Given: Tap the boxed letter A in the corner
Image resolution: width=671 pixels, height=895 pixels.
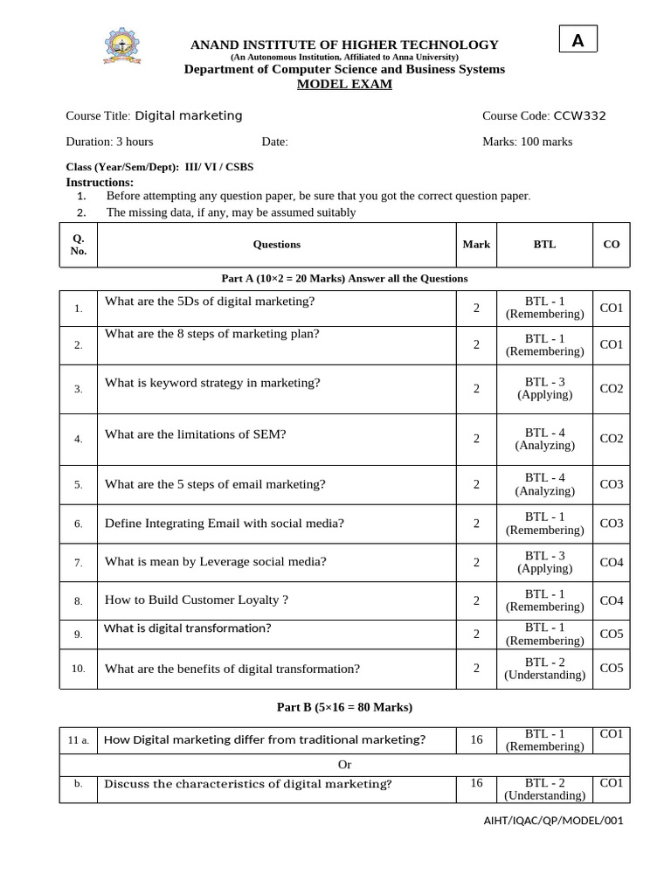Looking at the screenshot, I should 578,40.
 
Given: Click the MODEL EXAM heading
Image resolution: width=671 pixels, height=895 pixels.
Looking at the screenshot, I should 344,84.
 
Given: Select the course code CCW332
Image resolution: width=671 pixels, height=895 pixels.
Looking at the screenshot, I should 579,115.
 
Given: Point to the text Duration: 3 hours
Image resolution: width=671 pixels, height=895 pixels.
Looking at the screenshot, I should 109,142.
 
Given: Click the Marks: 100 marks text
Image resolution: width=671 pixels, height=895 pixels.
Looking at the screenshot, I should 527,142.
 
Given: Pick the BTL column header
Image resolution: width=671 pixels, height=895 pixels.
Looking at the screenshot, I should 544,245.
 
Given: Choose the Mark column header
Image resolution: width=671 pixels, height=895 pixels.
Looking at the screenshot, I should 476,245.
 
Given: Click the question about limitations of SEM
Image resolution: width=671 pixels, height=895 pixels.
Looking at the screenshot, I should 195,434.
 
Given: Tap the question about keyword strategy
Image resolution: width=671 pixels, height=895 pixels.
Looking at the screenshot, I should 212,382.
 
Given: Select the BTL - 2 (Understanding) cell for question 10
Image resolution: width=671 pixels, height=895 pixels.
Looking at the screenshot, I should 544,669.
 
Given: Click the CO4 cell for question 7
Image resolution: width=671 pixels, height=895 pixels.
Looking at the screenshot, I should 611,562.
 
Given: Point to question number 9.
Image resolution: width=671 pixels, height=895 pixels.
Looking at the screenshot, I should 79,634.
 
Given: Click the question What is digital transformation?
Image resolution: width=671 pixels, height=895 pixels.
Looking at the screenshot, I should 187,628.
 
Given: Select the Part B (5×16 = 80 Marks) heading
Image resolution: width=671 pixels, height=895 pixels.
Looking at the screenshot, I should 344,707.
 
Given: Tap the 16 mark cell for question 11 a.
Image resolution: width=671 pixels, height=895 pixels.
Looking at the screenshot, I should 476,739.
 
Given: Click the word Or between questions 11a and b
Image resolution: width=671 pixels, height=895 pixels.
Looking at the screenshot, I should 344,765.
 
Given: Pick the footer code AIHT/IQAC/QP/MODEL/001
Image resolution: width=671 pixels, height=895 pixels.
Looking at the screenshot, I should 554,821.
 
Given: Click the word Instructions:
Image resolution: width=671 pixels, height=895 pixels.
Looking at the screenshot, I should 100,182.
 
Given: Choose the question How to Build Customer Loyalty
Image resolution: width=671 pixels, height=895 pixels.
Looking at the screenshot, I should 196,600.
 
